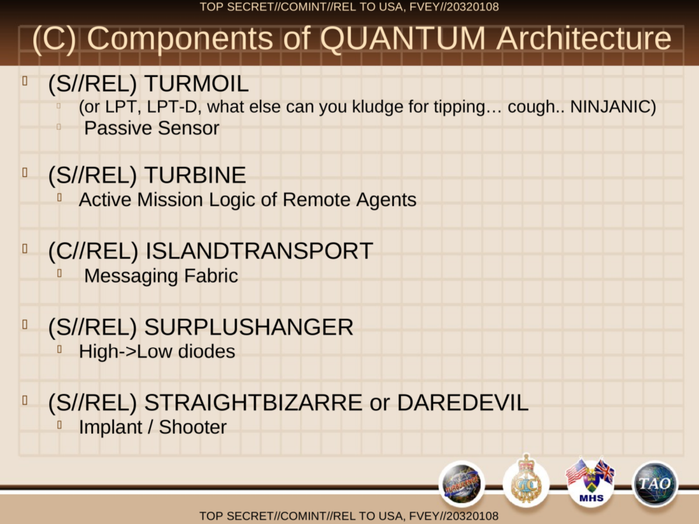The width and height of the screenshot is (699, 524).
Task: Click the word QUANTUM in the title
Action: pyautogui.click(x=403, y=39)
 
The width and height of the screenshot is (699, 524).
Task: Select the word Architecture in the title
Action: pyautogui.click(x=583, y=39)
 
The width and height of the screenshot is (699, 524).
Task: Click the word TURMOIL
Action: pyautogui.click(x=196, y=84)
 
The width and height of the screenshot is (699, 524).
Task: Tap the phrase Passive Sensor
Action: pyautogui.click(x=151, y=129)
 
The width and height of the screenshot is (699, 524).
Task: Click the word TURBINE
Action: pyautogui.click(x=195, y=175)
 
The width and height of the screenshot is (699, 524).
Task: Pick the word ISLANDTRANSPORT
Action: pyautogui.click(x=259, y=251)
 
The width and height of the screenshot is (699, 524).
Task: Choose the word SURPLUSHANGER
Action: pyautogui.click(x=249, y=327)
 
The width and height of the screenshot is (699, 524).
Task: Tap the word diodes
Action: pyautogui.click(x=206, y=352)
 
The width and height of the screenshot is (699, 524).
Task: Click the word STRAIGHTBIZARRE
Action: pyautogui.click(x=253, y=403)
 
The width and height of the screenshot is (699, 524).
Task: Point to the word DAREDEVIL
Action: pyautogui.click(x=463, y=403)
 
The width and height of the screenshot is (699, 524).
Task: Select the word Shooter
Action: pyautogui.click(x=193, y=427)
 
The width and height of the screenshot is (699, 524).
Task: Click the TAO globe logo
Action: pyautogui.click(x=655, y=484)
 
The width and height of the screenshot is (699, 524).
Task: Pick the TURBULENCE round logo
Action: pyautogui.click(x=462, y=484)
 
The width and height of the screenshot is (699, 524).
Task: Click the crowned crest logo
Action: pyautogui.click(x=526, y=480)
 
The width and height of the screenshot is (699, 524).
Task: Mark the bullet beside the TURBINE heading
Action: pyautogui.click(x=25, y=172)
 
